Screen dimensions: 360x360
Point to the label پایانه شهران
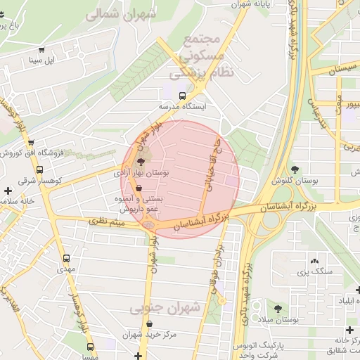(251, 4)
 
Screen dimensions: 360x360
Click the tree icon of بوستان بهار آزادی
(141, 162)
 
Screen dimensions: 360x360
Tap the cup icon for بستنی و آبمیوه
(139, 188)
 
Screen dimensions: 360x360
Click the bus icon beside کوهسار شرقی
(39, 169)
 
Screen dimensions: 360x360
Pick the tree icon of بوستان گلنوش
(295, 169)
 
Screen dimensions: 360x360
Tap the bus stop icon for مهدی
(66, 258)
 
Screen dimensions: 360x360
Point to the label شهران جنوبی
(174, 308)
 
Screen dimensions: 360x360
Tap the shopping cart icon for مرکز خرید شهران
(148, 324)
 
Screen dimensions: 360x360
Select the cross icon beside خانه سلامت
(7, 191)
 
